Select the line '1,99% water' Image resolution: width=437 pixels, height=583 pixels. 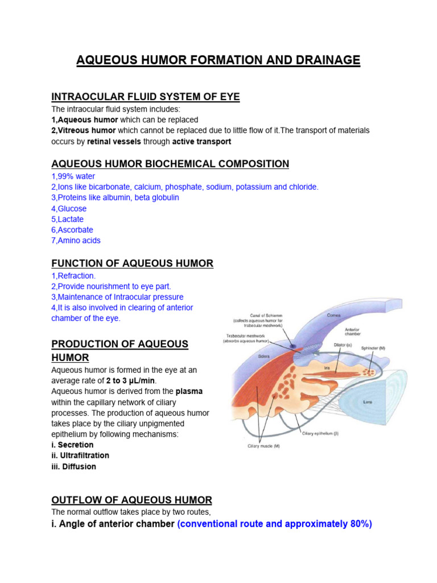tap(73, 176)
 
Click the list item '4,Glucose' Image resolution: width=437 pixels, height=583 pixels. tap(69, 208)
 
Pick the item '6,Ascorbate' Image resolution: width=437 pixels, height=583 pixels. tap(72, 230)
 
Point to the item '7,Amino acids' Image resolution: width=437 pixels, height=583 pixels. tap(76, 240)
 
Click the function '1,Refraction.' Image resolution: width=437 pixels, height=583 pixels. tap(73, 276)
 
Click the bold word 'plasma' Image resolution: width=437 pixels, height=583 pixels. tap(189, 391)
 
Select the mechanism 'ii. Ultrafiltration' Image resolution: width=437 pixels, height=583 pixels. tap(80, 455)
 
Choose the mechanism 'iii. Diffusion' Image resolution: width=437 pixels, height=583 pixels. tap(74, 466)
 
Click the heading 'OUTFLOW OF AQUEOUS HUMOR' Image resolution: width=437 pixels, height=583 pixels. tap(131, 500)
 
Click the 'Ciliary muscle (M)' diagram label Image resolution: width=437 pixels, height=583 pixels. tap(263, 446)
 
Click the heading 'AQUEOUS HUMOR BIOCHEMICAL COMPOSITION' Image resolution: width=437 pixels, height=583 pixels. tap(170, 164)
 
